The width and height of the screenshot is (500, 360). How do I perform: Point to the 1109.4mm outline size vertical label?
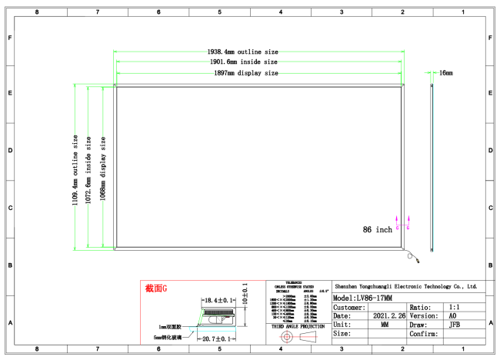coord(75,170)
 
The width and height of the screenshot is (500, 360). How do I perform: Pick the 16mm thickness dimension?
coord(445,72)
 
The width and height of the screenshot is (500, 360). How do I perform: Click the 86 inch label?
coord(378,229)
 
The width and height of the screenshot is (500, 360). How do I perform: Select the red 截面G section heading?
coord(155,289)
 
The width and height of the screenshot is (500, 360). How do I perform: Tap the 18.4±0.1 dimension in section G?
coord(218,300)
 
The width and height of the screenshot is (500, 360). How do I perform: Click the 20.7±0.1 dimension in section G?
coord(217,338)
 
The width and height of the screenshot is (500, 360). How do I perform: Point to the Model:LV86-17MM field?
coord(363,297)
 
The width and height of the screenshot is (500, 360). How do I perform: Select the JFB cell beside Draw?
coord(455,325)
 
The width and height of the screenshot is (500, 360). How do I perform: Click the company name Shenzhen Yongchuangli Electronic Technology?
coord(408,286)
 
